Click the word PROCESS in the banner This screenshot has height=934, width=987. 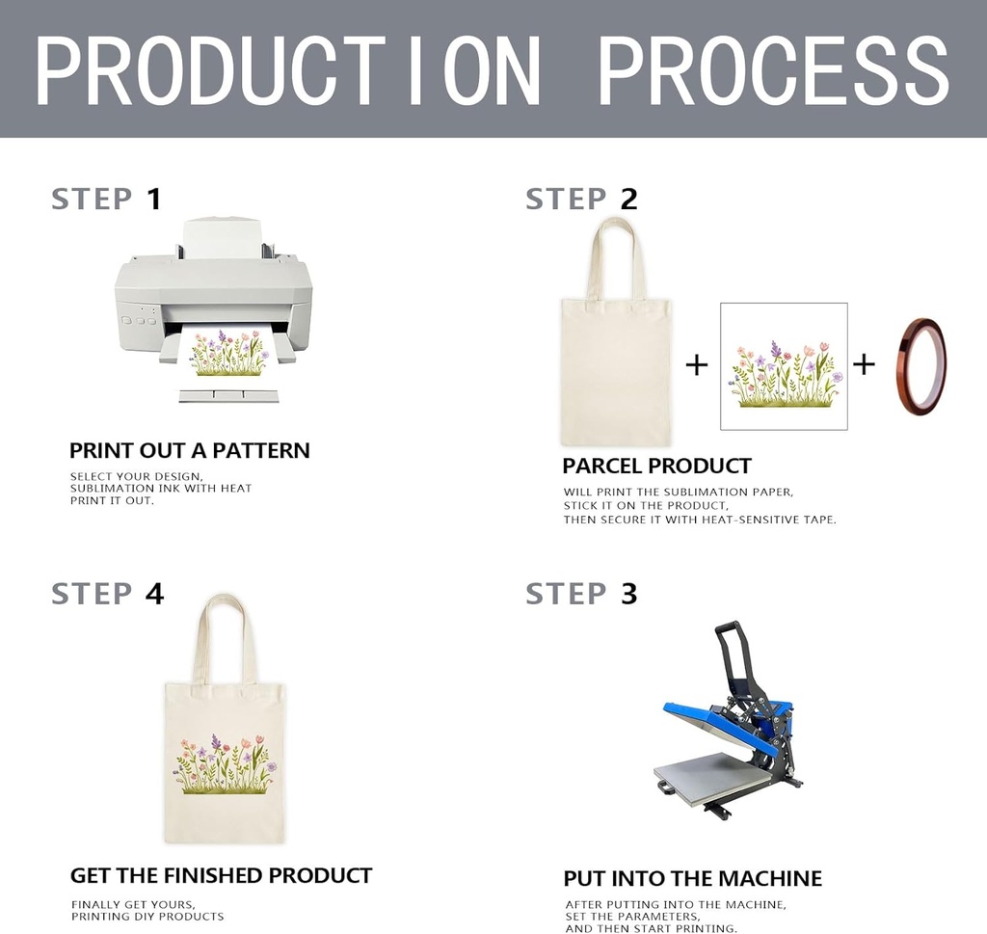pyautogui.click(x=774, y=69)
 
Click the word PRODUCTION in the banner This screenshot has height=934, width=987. pyautogui.click(x=287, y=69)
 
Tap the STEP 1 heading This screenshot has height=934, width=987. pyautogui.click(x=106, y=199)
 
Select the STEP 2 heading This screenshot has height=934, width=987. pyautogui.click(x=581, y=199)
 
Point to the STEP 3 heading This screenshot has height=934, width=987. pyautogui.click(x=581, y=594)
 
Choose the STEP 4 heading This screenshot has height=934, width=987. pyautogui.click(x=108, y=594)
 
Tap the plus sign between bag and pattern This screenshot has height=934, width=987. pyautogui.click(x=696, y=364)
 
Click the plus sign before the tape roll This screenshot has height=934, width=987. pyautogui.click(x=864, y=363)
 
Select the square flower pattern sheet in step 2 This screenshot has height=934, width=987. pyautogui.click(x=784, y=366)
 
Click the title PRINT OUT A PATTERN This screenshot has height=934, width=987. pyautogui.click(x=190, y=451)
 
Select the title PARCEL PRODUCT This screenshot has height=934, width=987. pyautogui.click(x=656, y=466)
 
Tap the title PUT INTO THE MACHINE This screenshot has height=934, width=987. pyautogui.click(x=692, y=878)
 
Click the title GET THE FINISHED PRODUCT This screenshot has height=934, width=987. pyautogui.click(x=221, y=875)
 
